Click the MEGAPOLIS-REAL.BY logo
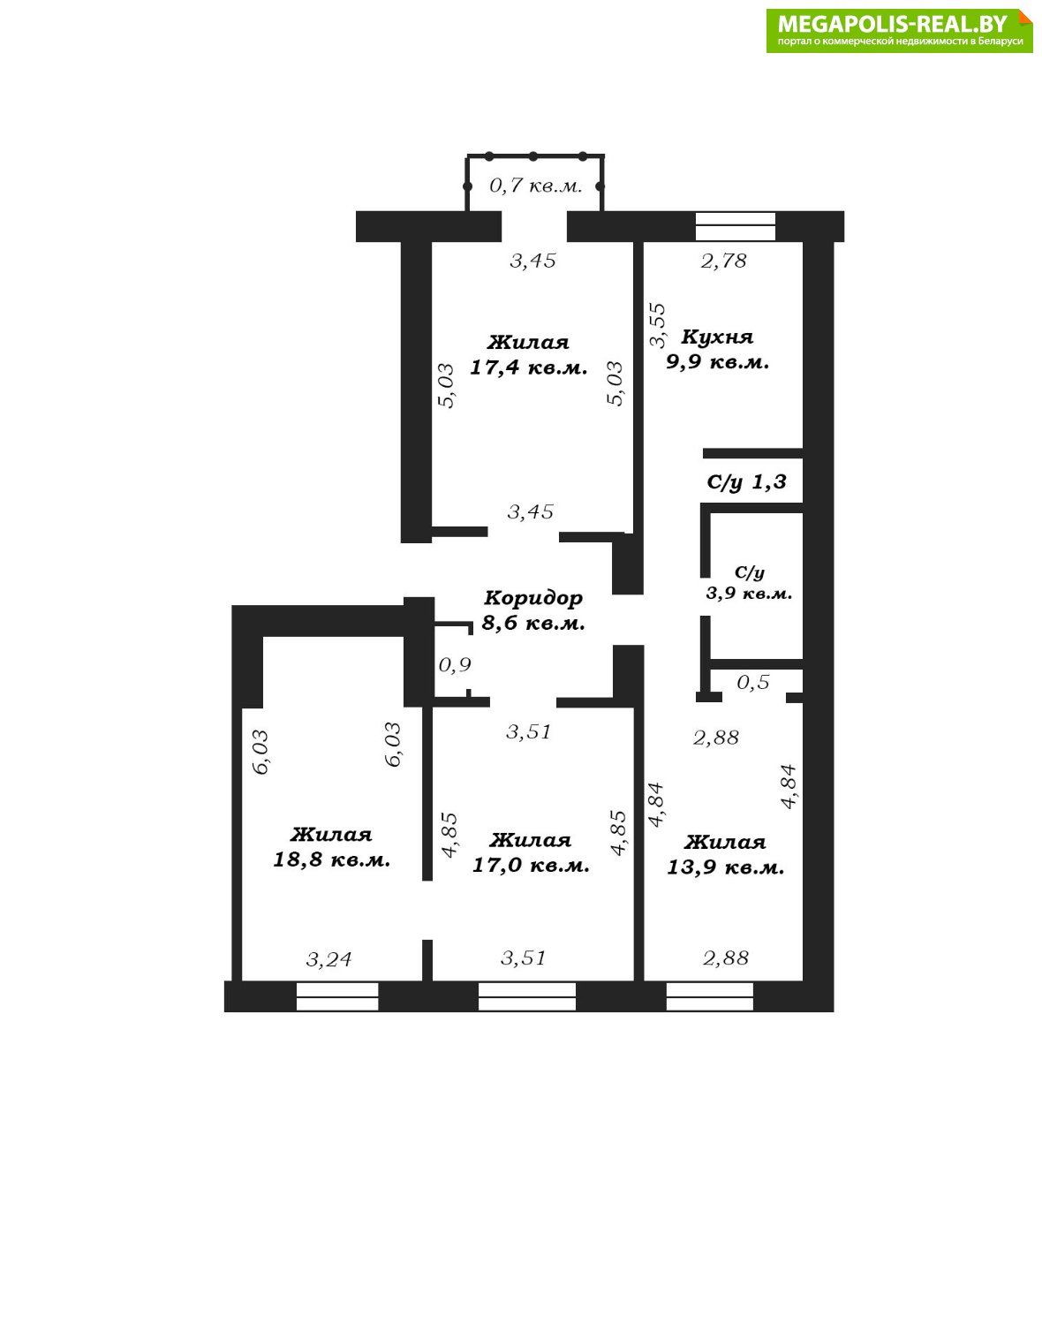pos(899,31)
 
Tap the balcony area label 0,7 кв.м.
pos(535,185)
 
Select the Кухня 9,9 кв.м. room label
pos(718,349)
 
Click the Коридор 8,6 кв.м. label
pos(533,610)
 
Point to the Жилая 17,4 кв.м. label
pos(529,354)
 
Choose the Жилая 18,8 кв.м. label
pos(332,846)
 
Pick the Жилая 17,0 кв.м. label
pos(531,852)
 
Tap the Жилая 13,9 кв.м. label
pos(726,854)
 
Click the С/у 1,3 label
pos(746,481)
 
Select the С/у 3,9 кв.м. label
pos(749,582)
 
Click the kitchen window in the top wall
pos(735,227)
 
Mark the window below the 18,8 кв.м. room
pos(337,996)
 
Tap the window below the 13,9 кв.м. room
pos(710,996)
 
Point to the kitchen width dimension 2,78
pos(724,261)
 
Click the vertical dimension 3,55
pos(658,325)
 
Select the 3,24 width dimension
pos(328,959)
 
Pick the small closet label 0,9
pos(455,665)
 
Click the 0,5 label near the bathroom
pos(753,682)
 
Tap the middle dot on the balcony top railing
pos(533,156)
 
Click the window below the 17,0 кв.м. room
pos(527,996)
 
